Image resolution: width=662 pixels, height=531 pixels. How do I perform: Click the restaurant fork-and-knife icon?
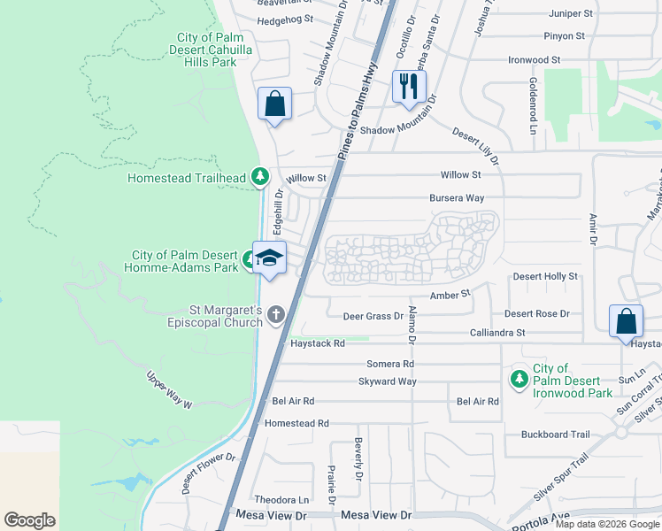(408, 87)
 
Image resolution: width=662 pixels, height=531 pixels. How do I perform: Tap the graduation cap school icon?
(270, 258)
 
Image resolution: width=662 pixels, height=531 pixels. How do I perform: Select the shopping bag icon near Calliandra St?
(625, 321)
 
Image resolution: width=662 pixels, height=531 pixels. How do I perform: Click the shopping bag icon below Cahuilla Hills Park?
(274, 104)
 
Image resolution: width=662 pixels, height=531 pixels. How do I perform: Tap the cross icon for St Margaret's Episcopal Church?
(276, 314)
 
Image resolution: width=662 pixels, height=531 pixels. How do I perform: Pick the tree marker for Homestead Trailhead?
(259, 177)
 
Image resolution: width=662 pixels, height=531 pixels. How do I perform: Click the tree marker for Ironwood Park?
(520, 379)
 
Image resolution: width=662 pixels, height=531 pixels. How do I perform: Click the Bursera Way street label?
(457, 198)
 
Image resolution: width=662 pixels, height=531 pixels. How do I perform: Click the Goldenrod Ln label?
(533, 105)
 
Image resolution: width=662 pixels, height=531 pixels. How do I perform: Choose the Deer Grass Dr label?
(373, 314)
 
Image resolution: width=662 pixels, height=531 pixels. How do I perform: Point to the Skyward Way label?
(387, 381)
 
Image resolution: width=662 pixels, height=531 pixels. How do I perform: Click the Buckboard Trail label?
(555, 435)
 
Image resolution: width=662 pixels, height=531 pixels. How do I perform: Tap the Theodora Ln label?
(281, 499)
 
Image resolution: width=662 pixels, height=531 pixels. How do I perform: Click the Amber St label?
(448, 295)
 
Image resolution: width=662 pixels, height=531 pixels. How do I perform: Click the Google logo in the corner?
(29, 520)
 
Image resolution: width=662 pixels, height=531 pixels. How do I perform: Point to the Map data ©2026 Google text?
(607, 524)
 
